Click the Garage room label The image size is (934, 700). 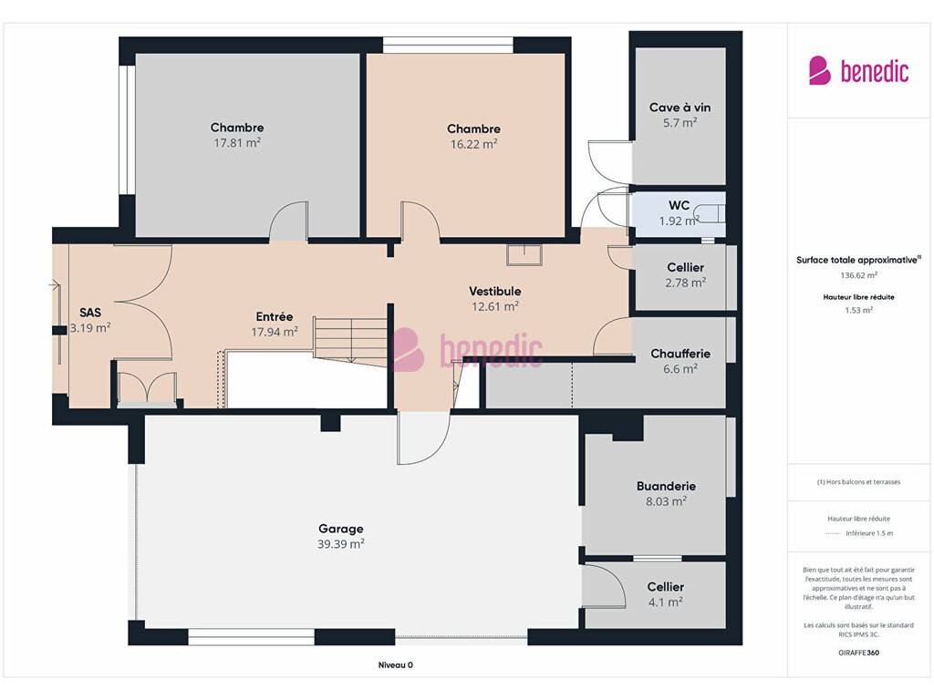click(341, 529)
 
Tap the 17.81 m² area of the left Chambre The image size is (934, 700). click(237, 143)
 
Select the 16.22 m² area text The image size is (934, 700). click(473, 144)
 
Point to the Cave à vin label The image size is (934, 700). click(680, 108)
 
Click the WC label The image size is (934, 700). click(679, 205)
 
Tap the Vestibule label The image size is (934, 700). click(495, 291)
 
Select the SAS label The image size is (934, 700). click(90, 313)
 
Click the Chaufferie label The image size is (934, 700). click(680, 354)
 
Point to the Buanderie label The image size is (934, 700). click(666, 487)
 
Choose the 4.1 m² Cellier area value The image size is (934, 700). click(665, 602)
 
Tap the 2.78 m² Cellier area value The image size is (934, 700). click(686, 283)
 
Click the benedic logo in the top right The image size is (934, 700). click(858, 71)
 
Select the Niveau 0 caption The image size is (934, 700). click(396, 664)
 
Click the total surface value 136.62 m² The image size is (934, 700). click(858, 275)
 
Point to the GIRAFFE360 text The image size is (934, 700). click(858, 653)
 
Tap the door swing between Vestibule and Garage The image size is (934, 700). click(423, 437)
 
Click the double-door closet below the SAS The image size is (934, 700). click(147, 389)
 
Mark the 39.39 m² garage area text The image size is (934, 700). click(341, 544)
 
